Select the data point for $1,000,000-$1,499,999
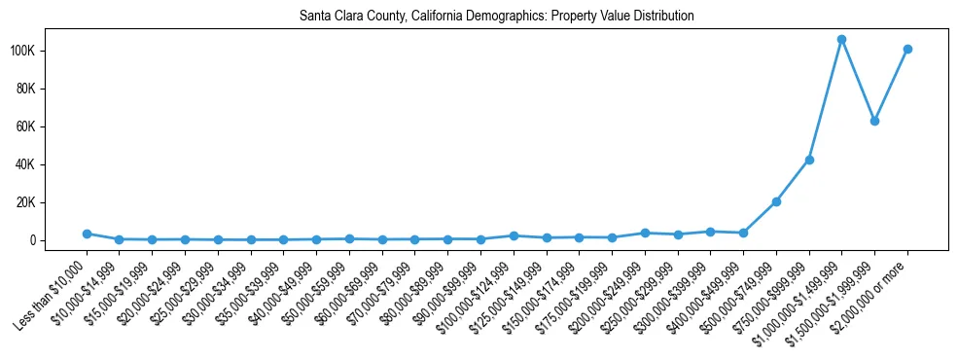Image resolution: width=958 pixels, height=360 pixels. coord(841,40)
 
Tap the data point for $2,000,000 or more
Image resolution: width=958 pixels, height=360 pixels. coord(907,49)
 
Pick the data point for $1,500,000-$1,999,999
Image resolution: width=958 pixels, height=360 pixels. coord(874,121)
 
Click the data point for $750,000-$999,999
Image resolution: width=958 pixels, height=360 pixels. coord(809,160)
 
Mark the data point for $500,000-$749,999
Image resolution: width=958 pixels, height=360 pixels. coord(776,201)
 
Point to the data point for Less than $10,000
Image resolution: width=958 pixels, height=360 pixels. coord(87,234)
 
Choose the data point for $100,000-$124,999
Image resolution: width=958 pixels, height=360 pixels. coord(514,235)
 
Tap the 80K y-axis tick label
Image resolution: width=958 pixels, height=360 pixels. coord(52,89)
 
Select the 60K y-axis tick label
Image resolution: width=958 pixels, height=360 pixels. coord(52,126)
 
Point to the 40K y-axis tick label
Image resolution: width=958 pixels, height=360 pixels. coord(52,164)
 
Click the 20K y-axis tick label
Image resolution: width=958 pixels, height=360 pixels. coord(52,202)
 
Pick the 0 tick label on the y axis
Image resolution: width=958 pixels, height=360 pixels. coord(58,240)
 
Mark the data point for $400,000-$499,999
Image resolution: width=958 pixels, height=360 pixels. coord(743,233)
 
